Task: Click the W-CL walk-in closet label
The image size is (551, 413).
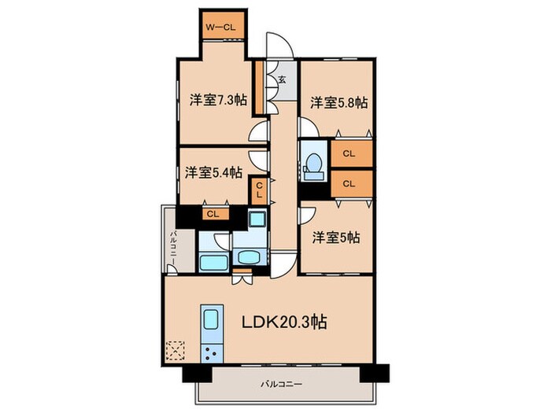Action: click(220, 28)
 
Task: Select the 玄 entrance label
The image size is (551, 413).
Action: click(281, 79)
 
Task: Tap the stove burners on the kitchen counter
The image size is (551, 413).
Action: click(212, 352)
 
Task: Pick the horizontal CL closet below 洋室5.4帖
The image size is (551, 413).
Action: click(212, 214)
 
